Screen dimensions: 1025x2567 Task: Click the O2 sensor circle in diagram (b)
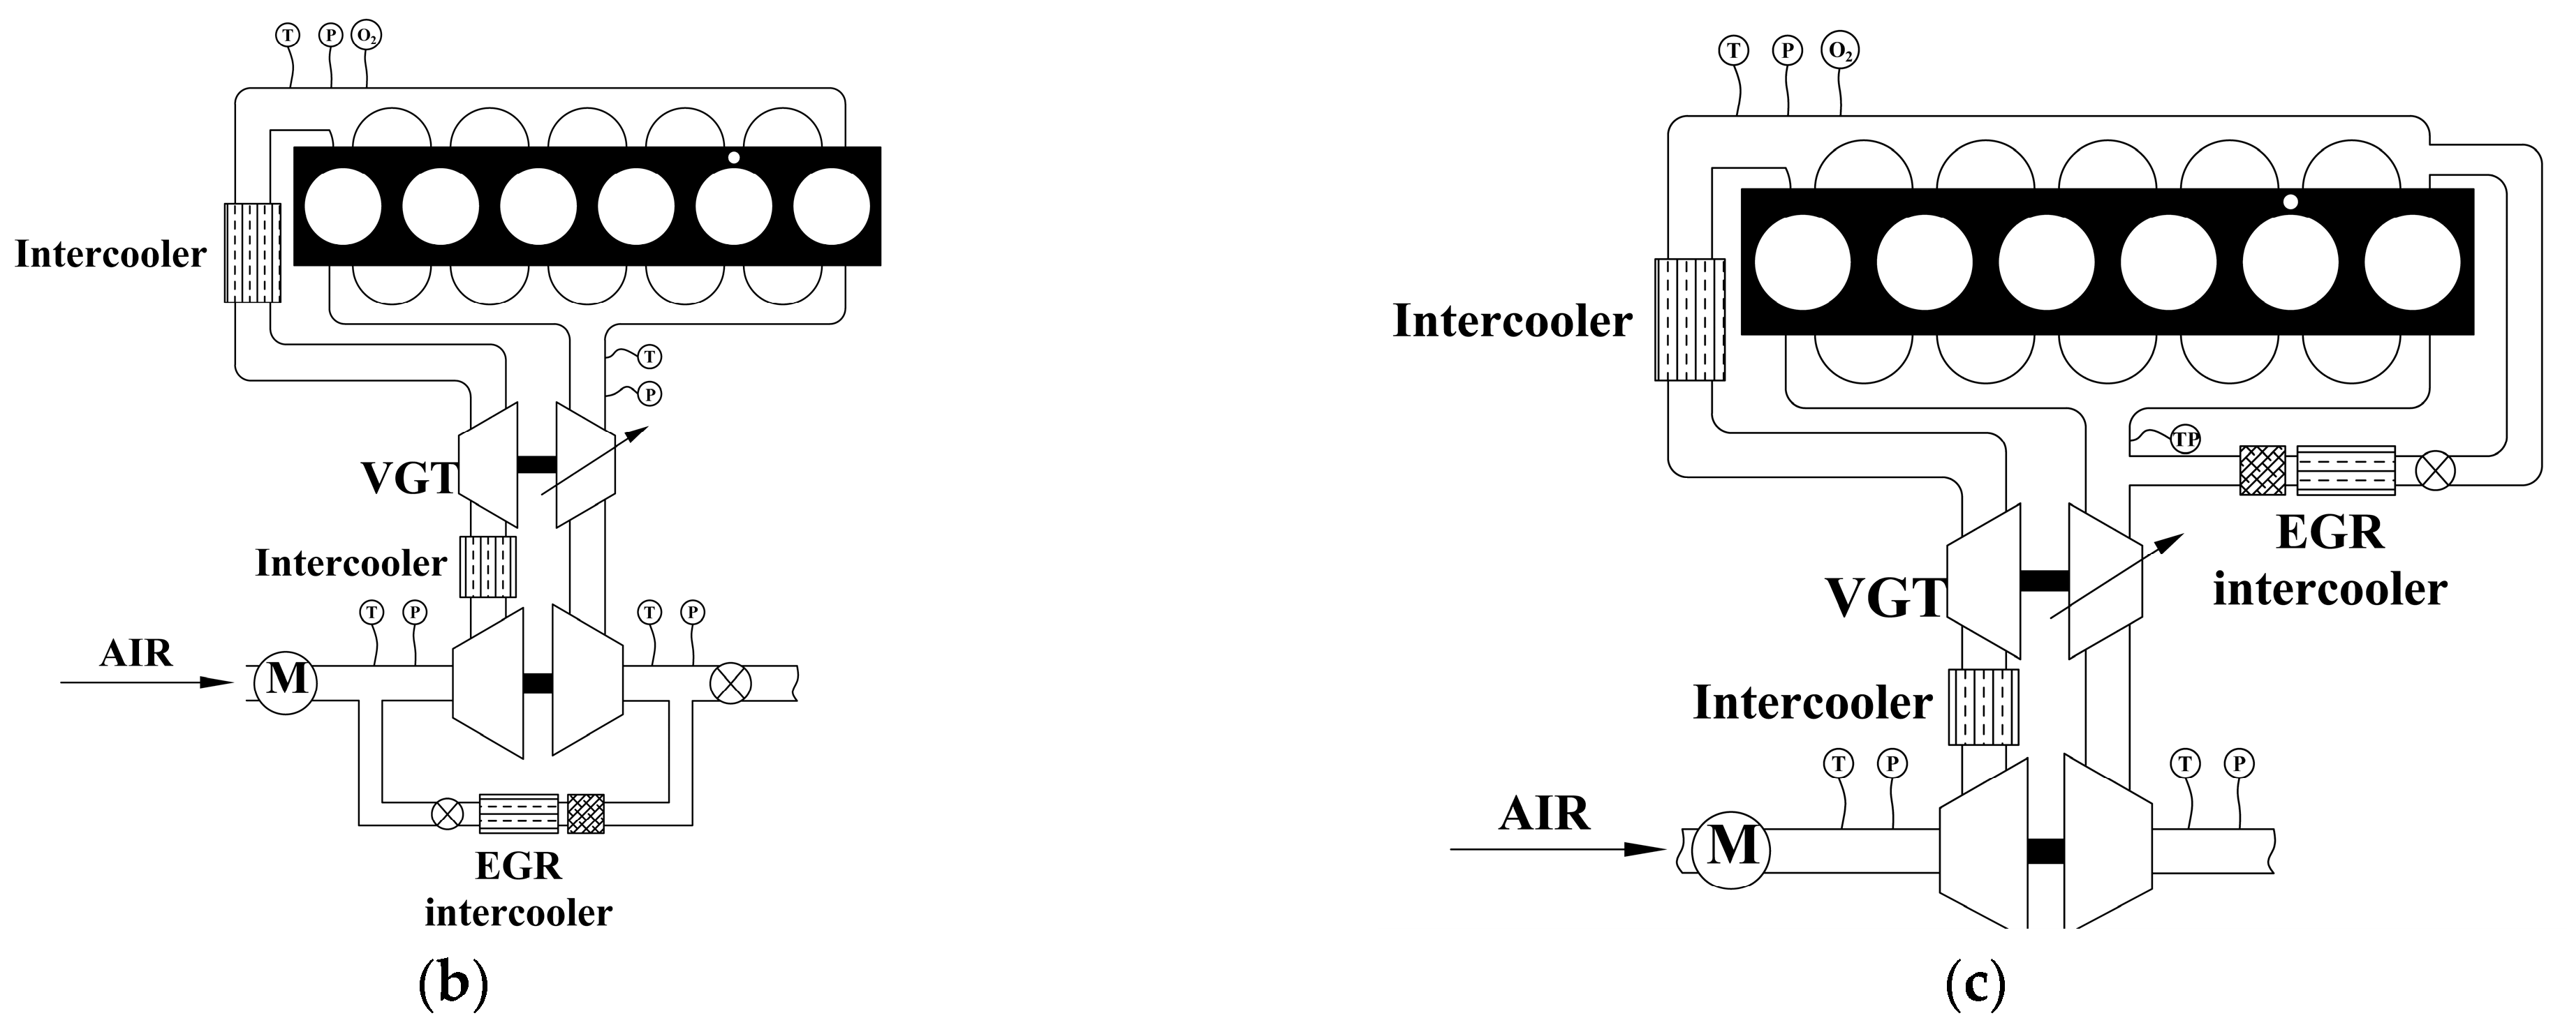point(367,35)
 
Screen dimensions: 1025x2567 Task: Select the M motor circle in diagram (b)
point(286,683)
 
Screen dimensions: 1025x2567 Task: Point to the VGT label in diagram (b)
point(406,479)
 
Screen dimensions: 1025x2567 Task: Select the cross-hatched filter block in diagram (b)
point(586,813)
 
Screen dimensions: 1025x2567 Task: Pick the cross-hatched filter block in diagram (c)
point(2262,471)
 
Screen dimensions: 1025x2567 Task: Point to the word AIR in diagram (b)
point(137,654)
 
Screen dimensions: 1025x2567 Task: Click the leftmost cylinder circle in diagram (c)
point(1802,261)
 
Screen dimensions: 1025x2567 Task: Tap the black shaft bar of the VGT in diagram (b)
point(536,464)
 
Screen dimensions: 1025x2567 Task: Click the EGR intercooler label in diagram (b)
point(518,890)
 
